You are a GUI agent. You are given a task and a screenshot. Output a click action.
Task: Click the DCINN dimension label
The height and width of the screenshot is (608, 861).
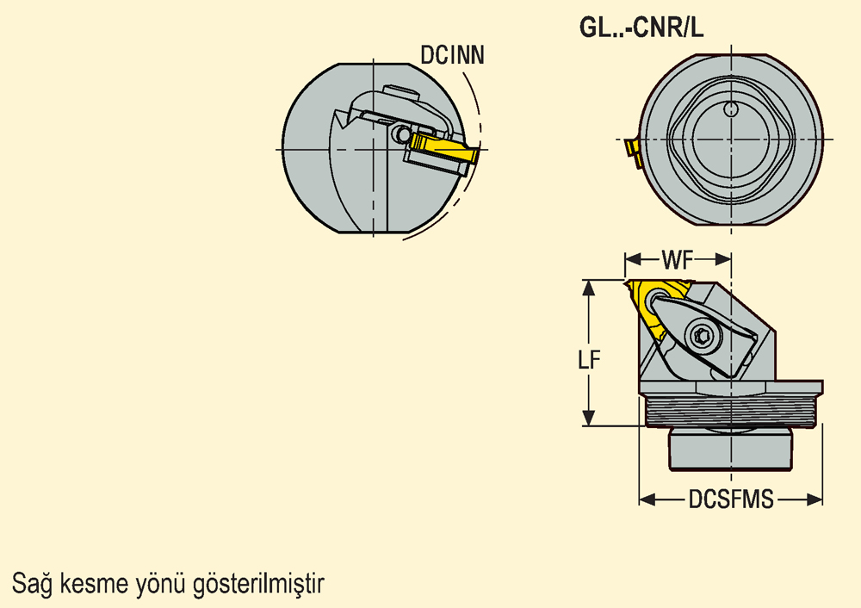click(452, 55)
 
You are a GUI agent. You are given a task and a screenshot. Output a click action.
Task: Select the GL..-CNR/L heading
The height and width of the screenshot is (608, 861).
click(641, 28)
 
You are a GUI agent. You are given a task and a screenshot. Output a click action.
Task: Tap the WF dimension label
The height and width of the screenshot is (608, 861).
click(678, 260)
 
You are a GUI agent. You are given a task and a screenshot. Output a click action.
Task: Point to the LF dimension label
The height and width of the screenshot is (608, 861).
click(589, 360)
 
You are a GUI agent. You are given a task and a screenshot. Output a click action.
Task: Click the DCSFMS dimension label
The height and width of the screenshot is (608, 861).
click(731, 499)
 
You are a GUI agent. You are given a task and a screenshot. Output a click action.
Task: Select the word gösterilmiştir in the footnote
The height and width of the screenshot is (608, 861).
click(258, 584)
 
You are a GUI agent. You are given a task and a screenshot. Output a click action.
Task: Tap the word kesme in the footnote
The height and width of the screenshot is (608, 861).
click(93, 583)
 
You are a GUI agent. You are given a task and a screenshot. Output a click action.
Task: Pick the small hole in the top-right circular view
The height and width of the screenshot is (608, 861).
click(731, 109)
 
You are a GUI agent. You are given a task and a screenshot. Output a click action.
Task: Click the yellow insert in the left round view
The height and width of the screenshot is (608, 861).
click(443, 147)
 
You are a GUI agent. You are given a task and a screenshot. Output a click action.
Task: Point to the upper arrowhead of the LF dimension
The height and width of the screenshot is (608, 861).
click(589, 288)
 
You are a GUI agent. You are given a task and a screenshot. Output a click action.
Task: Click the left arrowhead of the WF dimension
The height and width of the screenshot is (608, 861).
click(633, 259)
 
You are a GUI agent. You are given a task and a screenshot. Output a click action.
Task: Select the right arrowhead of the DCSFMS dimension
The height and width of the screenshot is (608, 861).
click(815, 499)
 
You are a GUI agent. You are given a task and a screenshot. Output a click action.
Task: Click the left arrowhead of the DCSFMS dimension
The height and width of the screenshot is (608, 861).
click(647, 499)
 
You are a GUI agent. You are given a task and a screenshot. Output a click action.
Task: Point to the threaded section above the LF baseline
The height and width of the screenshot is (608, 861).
click(731, 411)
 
